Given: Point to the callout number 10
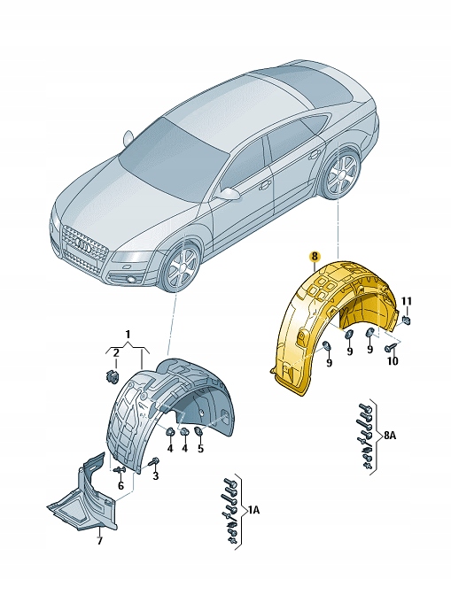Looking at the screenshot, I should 393,361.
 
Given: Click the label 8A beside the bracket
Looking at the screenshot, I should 390,436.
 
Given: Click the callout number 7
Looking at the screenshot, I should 99,541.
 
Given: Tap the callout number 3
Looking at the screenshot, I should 155,475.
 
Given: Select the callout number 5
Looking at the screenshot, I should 200,449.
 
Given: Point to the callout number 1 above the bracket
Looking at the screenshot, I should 128,334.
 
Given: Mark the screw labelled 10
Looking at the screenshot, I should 391,348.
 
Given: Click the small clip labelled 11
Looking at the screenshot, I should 406,319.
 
